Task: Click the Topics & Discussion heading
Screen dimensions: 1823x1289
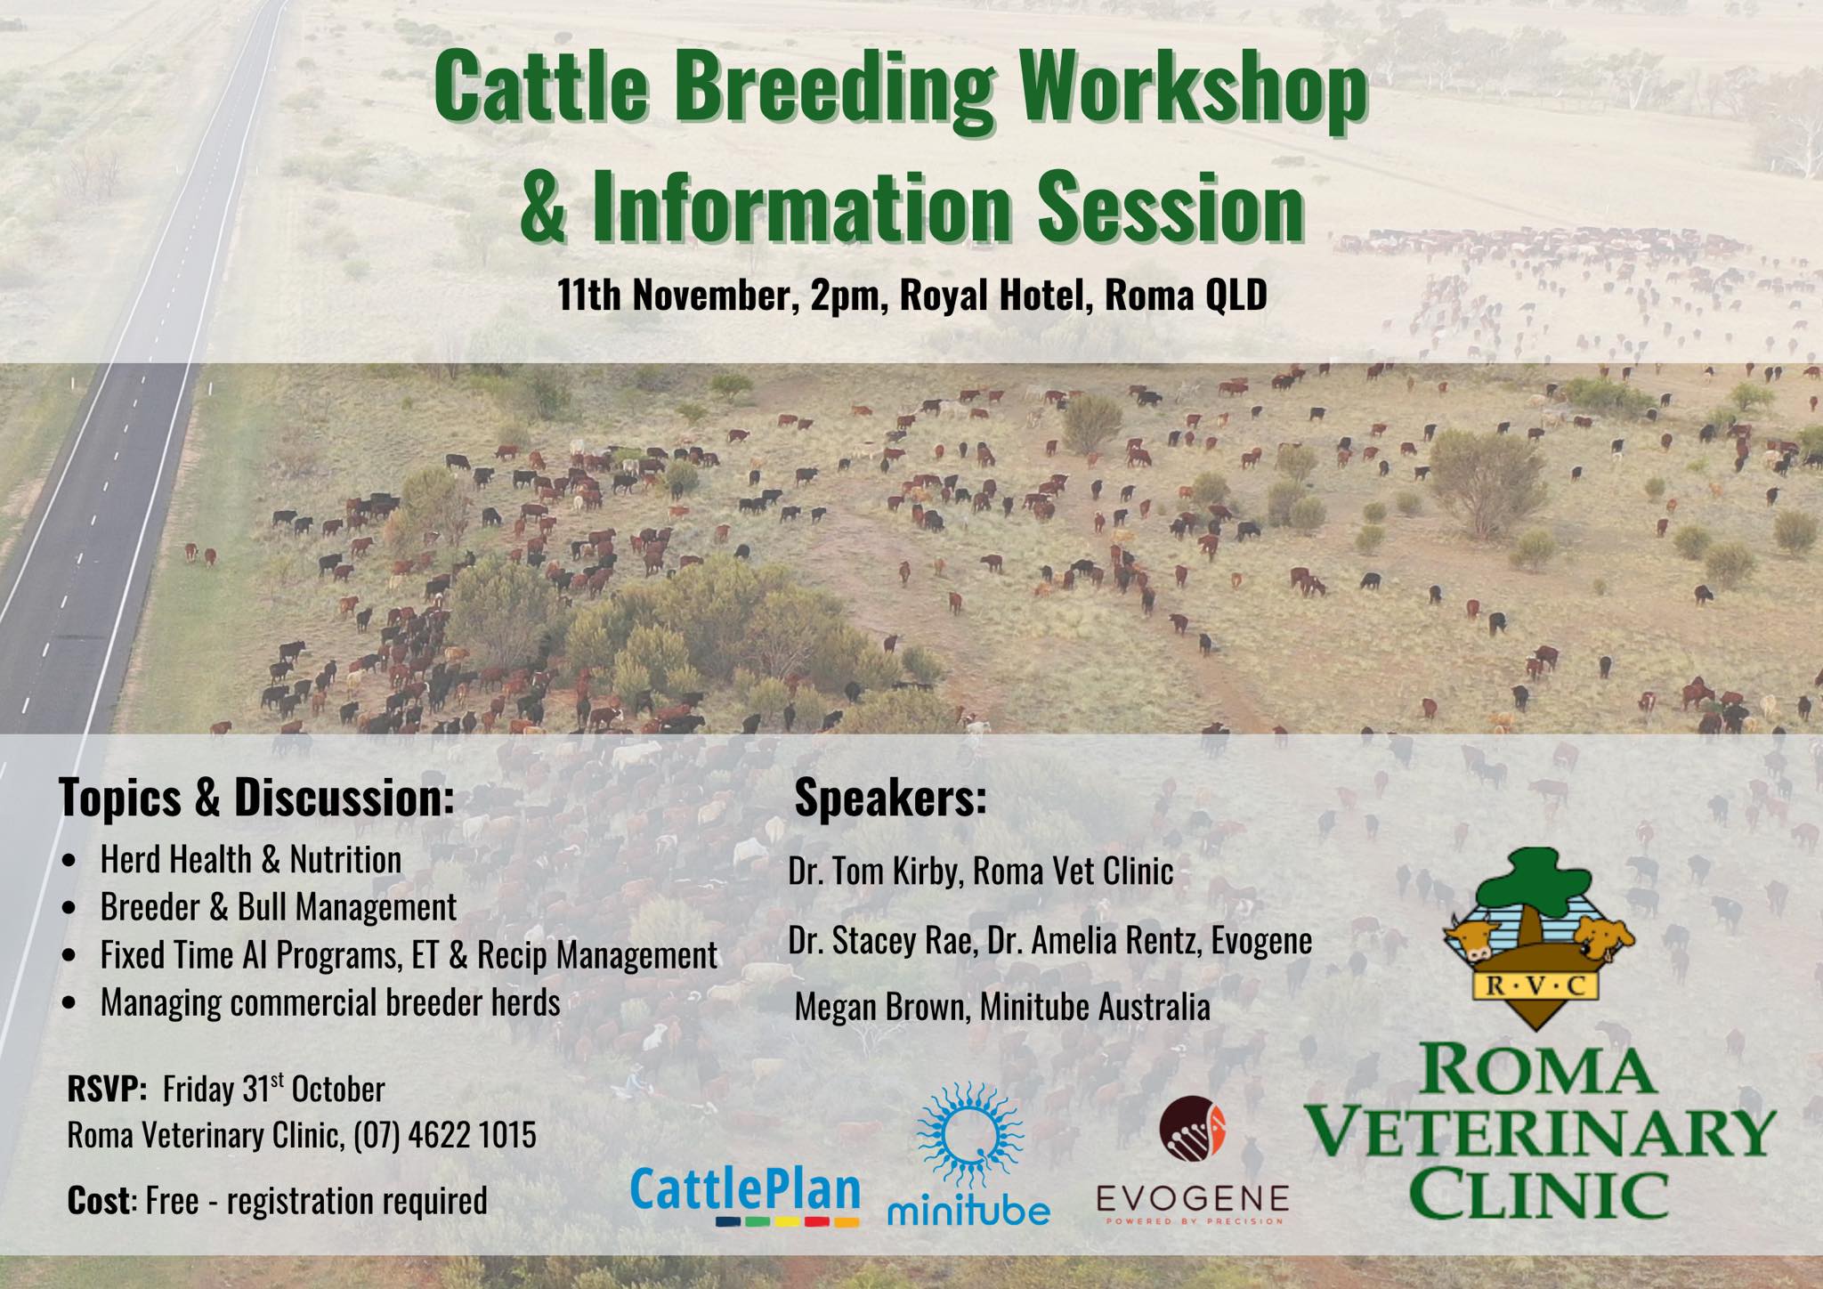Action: [257, 798]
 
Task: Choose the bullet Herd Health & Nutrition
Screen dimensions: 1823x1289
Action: [251, 860]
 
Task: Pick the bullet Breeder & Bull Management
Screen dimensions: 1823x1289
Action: [279, 907]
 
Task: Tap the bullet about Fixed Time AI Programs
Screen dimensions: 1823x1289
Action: [409, 955]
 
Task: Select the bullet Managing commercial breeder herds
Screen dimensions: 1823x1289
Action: [330, 1002]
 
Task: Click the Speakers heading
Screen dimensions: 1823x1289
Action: [891, 799]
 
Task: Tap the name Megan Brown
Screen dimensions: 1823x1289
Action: [881, 1008]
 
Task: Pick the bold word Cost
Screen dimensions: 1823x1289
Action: [99, 1201]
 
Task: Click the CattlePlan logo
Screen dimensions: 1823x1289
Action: [745, 1196]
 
